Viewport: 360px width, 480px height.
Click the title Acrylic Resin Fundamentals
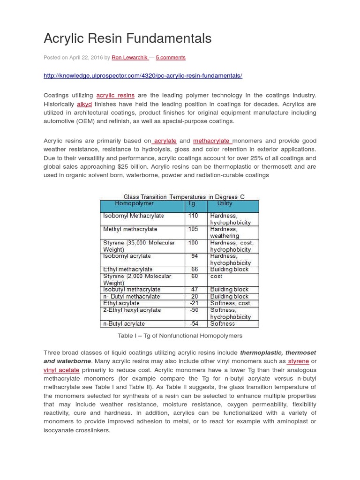[127, 38]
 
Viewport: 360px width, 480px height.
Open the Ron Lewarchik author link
[130, 58]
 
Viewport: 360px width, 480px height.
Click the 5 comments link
[171, 58]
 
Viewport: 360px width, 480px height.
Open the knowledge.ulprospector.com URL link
[142, 75]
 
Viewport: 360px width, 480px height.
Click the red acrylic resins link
[115, 96]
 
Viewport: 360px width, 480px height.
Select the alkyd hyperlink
[84, 104]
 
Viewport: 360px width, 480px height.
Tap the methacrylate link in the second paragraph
[212, 141]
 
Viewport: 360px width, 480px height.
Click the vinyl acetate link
[61, 370]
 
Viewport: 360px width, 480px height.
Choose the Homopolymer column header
[134, 204]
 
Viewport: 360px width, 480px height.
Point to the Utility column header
[225, 204]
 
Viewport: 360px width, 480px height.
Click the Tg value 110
[193, 216]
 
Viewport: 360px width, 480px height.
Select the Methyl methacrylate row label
[130, 230]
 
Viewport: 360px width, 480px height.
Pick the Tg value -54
[194, 324]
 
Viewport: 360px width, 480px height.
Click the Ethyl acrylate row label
[121, 303]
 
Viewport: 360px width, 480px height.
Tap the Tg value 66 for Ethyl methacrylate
[195, 270]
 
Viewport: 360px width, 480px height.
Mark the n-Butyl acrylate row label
[124, 324]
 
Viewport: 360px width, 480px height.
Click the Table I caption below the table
[180, 336]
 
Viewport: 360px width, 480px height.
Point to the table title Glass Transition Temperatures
[184, 197]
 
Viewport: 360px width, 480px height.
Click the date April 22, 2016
[86, 58]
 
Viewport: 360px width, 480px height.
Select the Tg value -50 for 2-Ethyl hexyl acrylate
[194, 310]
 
